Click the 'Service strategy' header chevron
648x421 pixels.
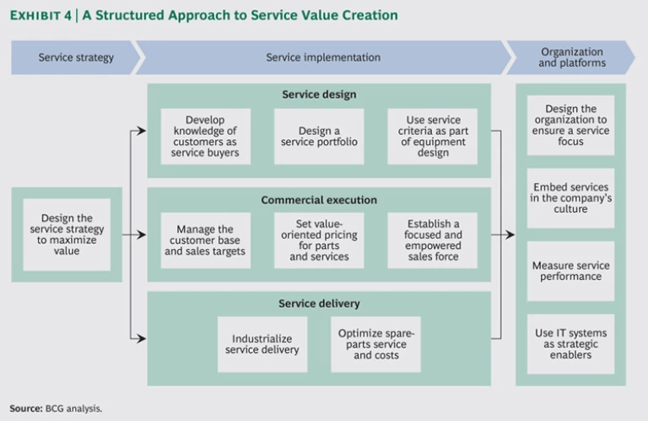tap(75, 57)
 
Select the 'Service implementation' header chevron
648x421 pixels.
tap(323, 57)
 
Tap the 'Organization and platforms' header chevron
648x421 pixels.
tap(572, 57)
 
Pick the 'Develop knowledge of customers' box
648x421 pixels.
tap(206, 137)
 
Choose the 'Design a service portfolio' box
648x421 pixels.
tap(319, 137)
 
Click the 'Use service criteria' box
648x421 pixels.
tap(432, 137)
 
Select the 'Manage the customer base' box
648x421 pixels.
tap(206, 240)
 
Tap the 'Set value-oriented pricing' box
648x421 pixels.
tap(319, 240)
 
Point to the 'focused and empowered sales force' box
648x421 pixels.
tap(432, 240)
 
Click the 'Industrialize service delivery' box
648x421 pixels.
tap(262, 343)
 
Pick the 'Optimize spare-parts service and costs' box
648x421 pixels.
tap(375, 343)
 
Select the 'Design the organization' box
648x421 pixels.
tap(570, 125)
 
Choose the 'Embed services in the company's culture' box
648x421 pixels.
tap(570, 197)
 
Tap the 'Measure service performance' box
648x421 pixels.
tap(570, 271)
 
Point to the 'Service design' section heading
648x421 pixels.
tap(319, 94)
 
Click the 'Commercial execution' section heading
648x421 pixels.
tap(319, 200)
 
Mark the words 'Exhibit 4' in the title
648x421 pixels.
tap(40, 15)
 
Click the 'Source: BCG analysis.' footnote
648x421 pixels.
tap(56, 408)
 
